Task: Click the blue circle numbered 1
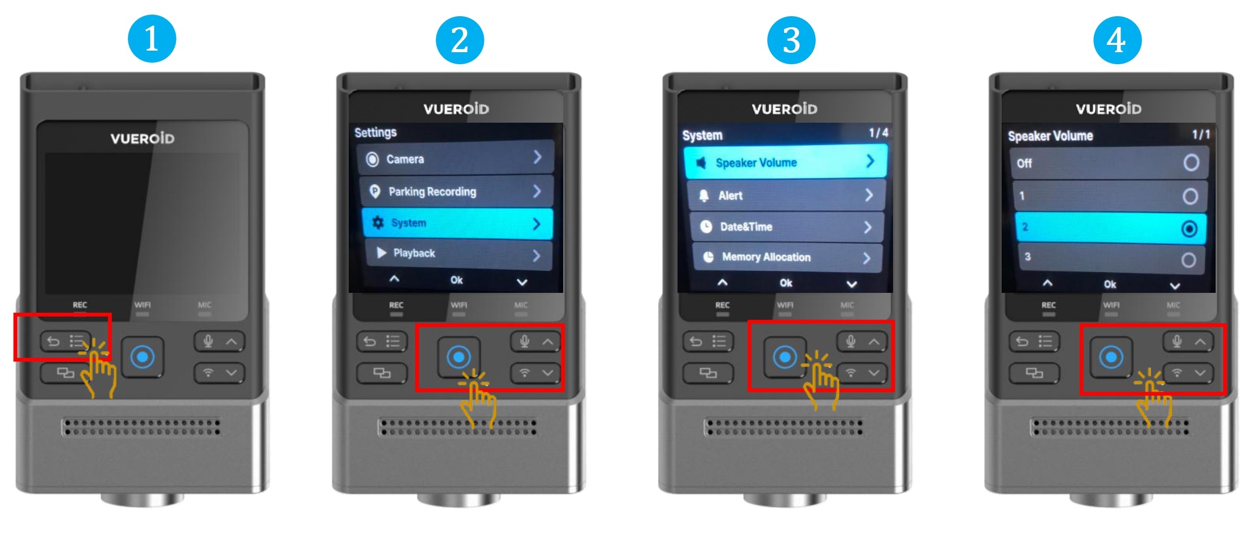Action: coord(152,39)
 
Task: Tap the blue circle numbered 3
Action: coord(791,40)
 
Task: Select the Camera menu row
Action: coord(455,158)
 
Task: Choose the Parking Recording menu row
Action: coord(456,191)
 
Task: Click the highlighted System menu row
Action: coord(457,223)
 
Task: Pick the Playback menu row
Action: coord(458,254)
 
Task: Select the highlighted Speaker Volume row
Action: coord(786,162)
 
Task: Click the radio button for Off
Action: coord(1191,163)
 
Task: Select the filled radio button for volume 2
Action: coord(1190,229)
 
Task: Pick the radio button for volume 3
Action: coord(1188,260)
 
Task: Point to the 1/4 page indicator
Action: coord(878,133)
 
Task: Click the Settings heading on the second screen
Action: coord(375,133)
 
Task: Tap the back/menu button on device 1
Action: coord(65,341)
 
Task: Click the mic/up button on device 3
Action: coord(862,342)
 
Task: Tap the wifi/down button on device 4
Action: coord(1188,373)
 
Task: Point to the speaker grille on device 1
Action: coord(141,427)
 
